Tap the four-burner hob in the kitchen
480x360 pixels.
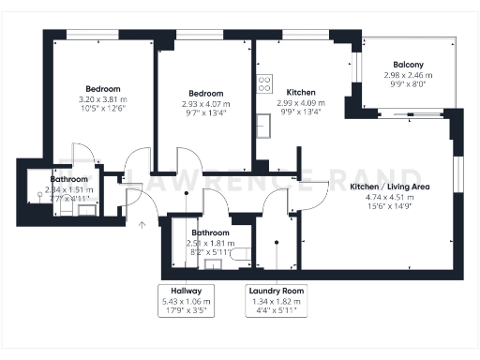(x=263, y=82)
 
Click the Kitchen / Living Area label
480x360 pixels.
(x=389, y=187)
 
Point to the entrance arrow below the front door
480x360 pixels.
(x=142, y=224)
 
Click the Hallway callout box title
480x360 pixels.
(x=187, y=291)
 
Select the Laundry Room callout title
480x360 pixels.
(x=276, y=291)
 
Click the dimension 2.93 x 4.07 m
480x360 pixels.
(x=205, y=104)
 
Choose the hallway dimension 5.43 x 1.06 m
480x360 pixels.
(x=187, y=301)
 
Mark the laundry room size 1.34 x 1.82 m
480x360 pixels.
(x=276, y=301)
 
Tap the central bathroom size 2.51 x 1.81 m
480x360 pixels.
(x=209, y=242)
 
